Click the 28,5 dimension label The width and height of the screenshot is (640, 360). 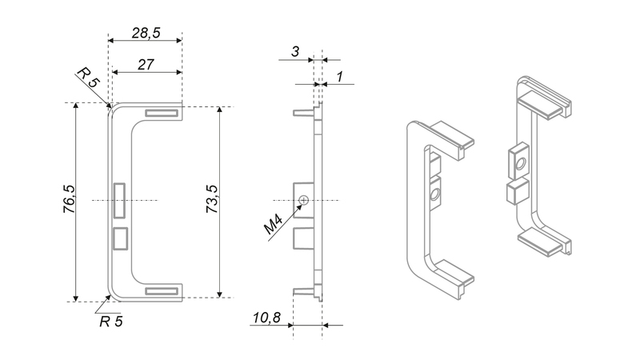146,33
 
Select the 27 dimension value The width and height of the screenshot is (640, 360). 146,65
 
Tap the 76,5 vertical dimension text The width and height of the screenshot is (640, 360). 70,199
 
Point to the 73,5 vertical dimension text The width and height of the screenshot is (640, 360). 212,199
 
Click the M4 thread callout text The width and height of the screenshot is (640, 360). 274,226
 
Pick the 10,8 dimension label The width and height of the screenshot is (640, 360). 266,318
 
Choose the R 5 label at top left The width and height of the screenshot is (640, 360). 88,78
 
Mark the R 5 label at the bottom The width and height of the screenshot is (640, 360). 110,322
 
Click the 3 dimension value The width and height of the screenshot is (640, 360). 295,52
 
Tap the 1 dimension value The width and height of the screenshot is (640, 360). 339,77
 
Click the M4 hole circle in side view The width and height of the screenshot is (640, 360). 303,200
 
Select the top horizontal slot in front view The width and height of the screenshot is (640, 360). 162,113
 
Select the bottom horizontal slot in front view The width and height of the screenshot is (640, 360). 162,291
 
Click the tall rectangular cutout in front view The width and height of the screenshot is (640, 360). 119,200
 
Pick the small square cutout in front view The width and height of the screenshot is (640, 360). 120,238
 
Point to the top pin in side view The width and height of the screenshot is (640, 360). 303,112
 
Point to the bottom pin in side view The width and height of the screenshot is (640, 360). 303,290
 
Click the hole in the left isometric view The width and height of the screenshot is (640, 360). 434,194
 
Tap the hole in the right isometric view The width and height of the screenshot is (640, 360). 520,165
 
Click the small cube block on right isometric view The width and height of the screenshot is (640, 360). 517,191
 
